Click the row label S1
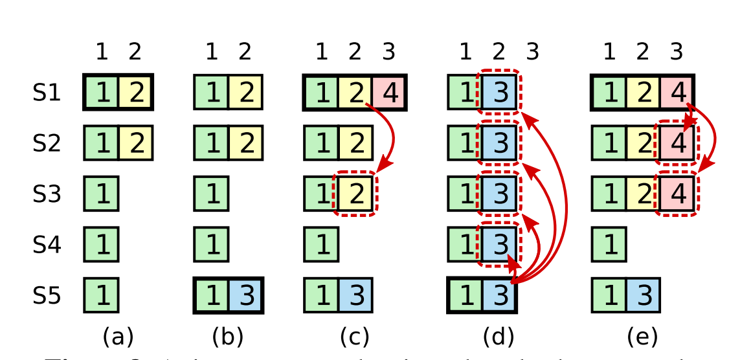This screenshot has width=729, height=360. point(47,94)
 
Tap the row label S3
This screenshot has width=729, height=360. point(47,194)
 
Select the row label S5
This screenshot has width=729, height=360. point(47,296)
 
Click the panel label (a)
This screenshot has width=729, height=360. point(118,337)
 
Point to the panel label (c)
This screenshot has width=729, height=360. point(354,337)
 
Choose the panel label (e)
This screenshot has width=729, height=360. point(642,337)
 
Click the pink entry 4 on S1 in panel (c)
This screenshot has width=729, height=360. point(389,93)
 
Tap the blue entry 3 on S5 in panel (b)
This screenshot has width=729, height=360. point(245,296)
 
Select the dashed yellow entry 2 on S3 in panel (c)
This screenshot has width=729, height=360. point(355,194)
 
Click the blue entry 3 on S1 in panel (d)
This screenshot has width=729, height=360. point(499,93)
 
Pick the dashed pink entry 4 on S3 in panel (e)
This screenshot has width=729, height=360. point(677,194)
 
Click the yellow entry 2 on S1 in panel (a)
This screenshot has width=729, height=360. point(135,93)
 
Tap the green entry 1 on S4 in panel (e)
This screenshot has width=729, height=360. point(609,245)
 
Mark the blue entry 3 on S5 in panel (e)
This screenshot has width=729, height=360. point(643,296)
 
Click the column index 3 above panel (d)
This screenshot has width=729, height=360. point(532,52)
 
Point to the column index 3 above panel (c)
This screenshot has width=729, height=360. point(388,52)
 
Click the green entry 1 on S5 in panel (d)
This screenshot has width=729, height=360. point(465,296)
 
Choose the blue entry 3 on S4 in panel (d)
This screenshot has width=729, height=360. point(499,245)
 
